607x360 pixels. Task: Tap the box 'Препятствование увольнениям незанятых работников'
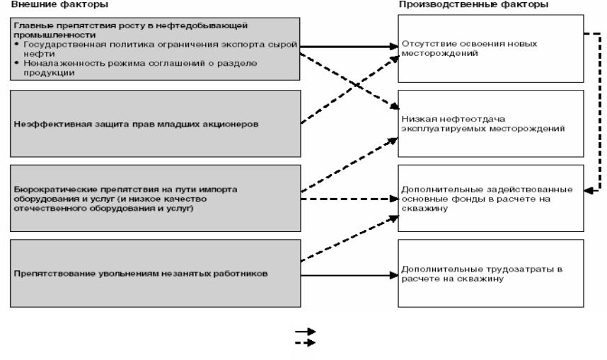pos(156,272)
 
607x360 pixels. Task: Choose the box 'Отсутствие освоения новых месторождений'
pos(490,47)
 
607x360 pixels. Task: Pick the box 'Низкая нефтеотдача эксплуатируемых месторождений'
pos(490,124)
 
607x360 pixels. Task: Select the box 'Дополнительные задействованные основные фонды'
pos(490,199)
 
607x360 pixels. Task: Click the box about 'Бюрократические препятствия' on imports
pos(156,199)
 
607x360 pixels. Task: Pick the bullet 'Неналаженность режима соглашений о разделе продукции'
pos(141,65)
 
